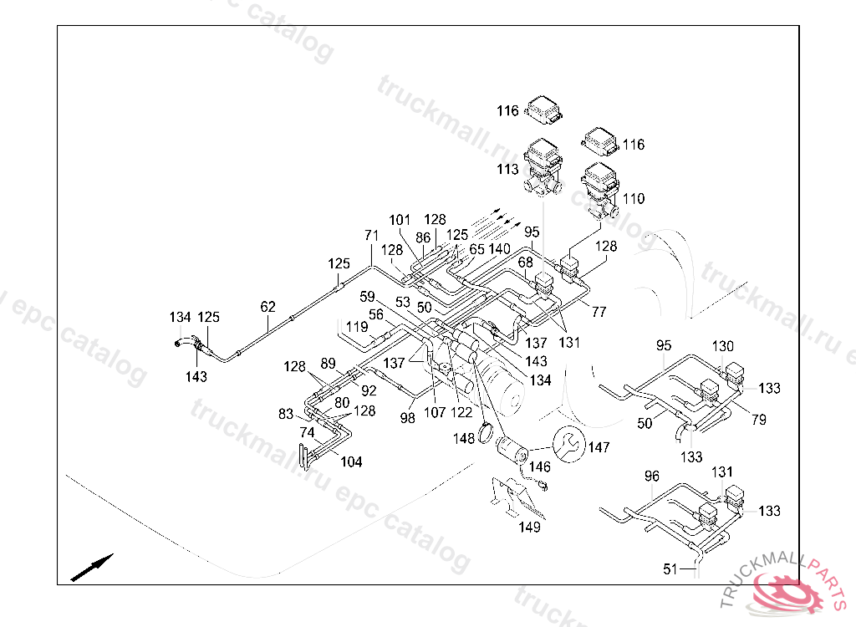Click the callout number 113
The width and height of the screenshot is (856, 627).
[507, 170]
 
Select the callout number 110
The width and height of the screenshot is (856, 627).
[634, 198]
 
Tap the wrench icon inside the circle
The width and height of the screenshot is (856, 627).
[568, 444]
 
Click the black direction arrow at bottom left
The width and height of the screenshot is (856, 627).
[92, 567]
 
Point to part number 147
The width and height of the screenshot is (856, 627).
[599, 447]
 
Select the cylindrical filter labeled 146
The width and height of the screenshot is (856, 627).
[511, 450]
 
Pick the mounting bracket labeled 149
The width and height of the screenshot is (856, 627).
[515, 497]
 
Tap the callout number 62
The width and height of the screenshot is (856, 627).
[267, 307]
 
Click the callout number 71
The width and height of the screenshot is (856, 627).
[371, 236]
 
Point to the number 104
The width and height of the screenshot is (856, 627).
[351, 462]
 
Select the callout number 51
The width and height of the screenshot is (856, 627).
[670, 569]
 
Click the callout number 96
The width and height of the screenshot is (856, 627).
[652, 477]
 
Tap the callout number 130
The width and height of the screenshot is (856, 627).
[723, 346]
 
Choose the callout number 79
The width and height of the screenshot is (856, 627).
[759, 420]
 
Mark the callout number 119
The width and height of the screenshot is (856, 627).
[357, 327]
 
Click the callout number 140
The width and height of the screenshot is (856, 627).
[500, 250]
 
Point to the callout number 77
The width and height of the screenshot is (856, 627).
[599, 312]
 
